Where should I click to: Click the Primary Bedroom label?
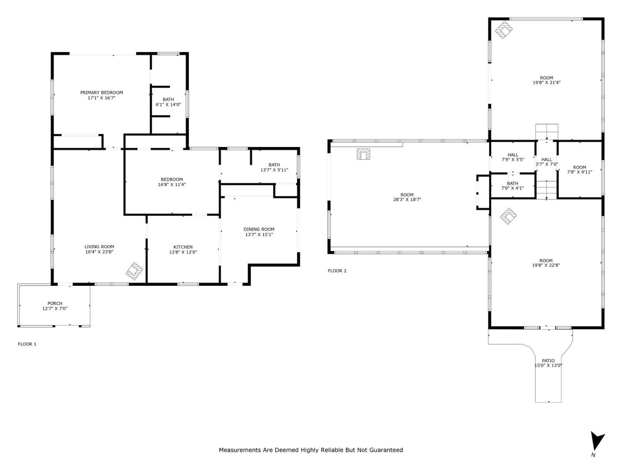point(102,93)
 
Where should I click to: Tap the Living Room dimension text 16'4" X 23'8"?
point(99,252)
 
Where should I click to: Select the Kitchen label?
point(183,247)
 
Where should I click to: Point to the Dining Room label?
point(259,229)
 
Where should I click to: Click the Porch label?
point(55,303)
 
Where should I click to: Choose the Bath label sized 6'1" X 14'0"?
point(168,99)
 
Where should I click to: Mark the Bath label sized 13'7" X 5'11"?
point(274,164)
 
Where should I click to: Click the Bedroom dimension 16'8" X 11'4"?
point(172,185)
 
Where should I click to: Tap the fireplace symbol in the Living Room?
point(134,271)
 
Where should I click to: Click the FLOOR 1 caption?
point(27,344)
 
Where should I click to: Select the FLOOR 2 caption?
point(337,271)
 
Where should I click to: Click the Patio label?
point(548,360)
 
